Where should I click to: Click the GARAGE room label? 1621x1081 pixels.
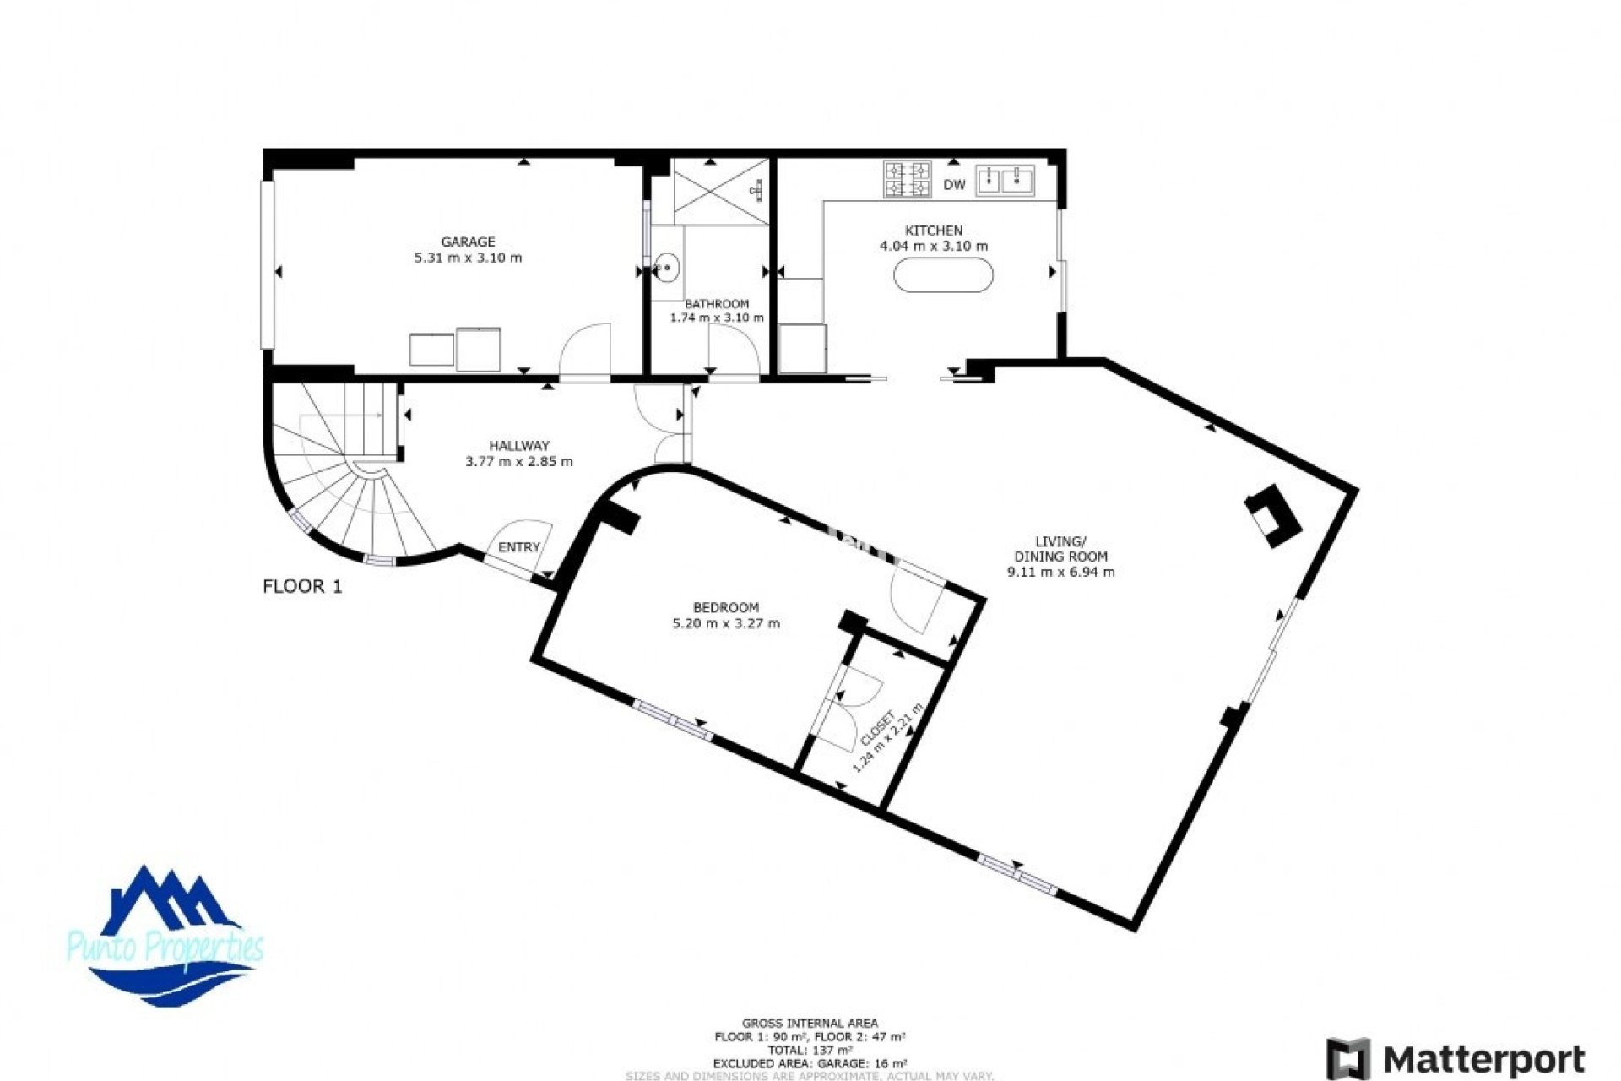[x=468, y=242]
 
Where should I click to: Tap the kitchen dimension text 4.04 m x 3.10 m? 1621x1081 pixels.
[x=934, y=247]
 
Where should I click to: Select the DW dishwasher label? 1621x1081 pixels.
[x=954, y=185]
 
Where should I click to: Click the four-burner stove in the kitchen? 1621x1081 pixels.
[x=908, y=179]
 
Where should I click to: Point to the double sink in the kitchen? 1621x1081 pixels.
[x=1005, y=180]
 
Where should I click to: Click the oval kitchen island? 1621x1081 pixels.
[x=943, y=274]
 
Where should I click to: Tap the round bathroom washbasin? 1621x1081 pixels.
[x=668, y=268]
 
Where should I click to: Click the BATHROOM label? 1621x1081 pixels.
[x=717, y=304]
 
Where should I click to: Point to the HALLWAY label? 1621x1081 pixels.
[x=519, y=446]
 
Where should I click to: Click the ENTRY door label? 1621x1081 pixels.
[x=518, y=548]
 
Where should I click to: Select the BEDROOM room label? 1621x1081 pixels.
[x=726, y=608]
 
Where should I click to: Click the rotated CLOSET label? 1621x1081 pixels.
[x=877, y=729]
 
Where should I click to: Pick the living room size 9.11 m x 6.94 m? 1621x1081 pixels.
[x=1061, y=573]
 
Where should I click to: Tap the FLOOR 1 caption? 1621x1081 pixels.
[x=302, y=586]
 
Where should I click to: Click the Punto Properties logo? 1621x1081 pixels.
[x=166, y=937]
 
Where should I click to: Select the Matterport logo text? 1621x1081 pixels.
[x=1484, y=1059]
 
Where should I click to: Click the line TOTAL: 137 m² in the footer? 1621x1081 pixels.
[x=810, y=1051]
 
